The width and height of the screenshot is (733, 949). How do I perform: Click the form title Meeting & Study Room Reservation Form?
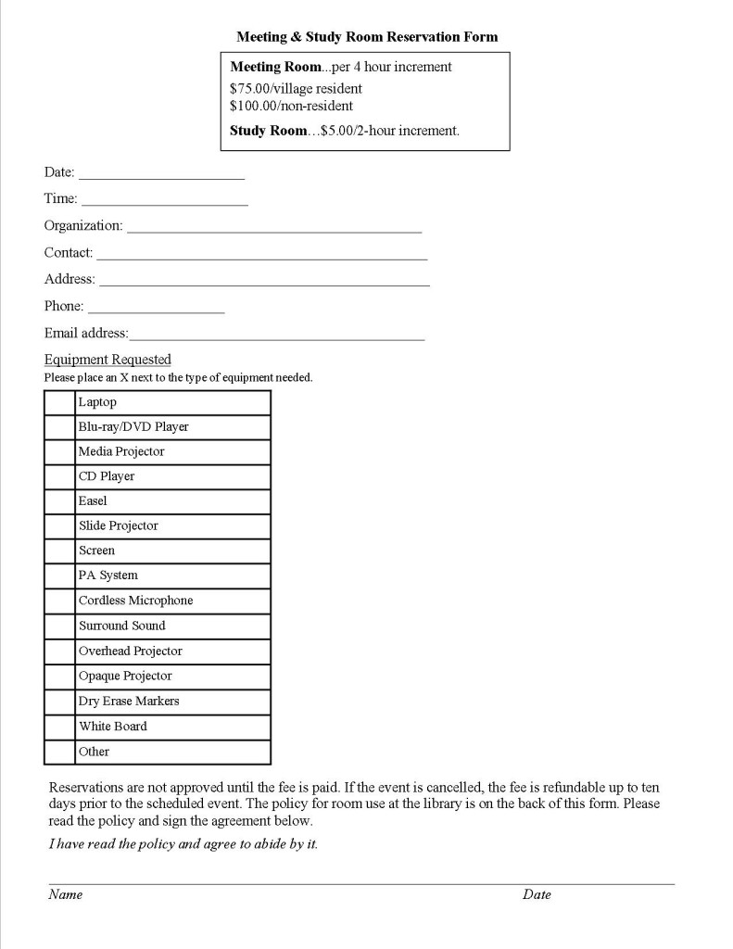coord(367,37)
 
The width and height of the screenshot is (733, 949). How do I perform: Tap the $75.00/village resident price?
coord(296,89)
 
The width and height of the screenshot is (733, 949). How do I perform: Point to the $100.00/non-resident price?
coord(291,106)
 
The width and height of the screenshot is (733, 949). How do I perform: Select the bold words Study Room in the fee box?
coord(268,131)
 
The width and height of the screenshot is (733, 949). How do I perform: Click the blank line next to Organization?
coord(273,225)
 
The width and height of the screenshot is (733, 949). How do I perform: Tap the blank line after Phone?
coord(156,307)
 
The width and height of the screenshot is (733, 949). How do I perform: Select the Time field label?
coord(60,198)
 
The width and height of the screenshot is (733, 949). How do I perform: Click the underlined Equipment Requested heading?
coord(107,360)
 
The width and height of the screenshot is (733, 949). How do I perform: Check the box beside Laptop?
coord(59,403)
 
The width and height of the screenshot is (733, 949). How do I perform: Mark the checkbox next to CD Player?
coord(59,477)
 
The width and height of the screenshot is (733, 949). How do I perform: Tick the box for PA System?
coord(59,576)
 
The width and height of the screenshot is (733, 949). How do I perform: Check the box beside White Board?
coord(59,727)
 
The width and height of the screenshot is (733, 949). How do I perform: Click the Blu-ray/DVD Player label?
coord(133,427)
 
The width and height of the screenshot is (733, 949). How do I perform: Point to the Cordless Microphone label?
coord(135,601)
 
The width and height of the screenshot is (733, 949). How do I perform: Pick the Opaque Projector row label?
coord(125,677)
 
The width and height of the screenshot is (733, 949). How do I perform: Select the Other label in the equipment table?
coord(94,752)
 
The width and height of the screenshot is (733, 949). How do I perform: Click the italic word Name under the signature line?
coord(66,894)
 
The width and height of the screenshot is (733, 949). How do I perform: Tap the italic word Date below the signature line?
coord(537,894)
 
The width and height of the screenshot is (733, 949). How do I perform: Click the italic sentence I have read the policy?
coord(183,844)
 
